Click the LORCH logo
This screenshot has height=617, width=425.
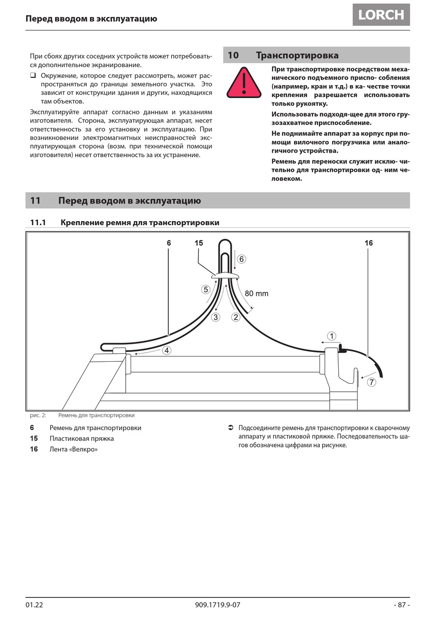(x=381, y=15)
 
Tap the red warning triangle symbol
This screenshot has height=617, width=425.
(x=244, y=83)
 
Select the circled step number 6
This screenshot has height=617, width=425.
(x=242, y=259)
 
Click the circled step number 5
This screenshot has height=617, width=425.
(x=206, y=289)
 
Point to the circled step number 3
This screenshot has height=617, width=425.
(x=216, y=317)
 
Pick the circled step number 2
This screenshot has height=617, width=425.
(x=236, y=317)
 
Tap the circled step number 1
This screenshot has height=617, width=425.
(x=331, y=336)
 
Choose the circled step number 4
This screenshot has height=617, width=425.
(x=166, y=350)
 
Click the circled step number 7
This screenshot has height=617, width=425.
(x=371, y=382)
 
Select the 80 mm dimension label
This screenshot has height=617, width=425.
(x=256, y=294)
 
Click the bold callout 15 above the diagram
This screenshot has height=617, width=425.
(x=199, y=243)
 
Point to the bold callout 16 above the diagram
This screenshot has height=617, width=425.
(x=368, y=243)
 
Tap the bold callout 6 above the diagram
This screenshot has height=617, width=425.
(x=169, y=243)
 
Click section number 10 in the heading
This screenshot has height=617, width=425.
(x=233, y=56)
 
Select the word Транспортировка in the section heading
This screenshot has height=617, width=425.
(x=297, y=56)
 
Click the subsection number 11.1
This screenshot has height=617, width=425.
(x=38, y=223)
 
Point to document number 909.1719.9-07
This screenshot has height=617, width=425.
(x=217, y=604)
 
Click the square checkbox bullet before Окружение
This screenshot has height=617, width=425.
(x=33, y=75)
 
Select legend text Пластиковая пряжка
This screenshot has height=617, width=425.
(x=81, y=438)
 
